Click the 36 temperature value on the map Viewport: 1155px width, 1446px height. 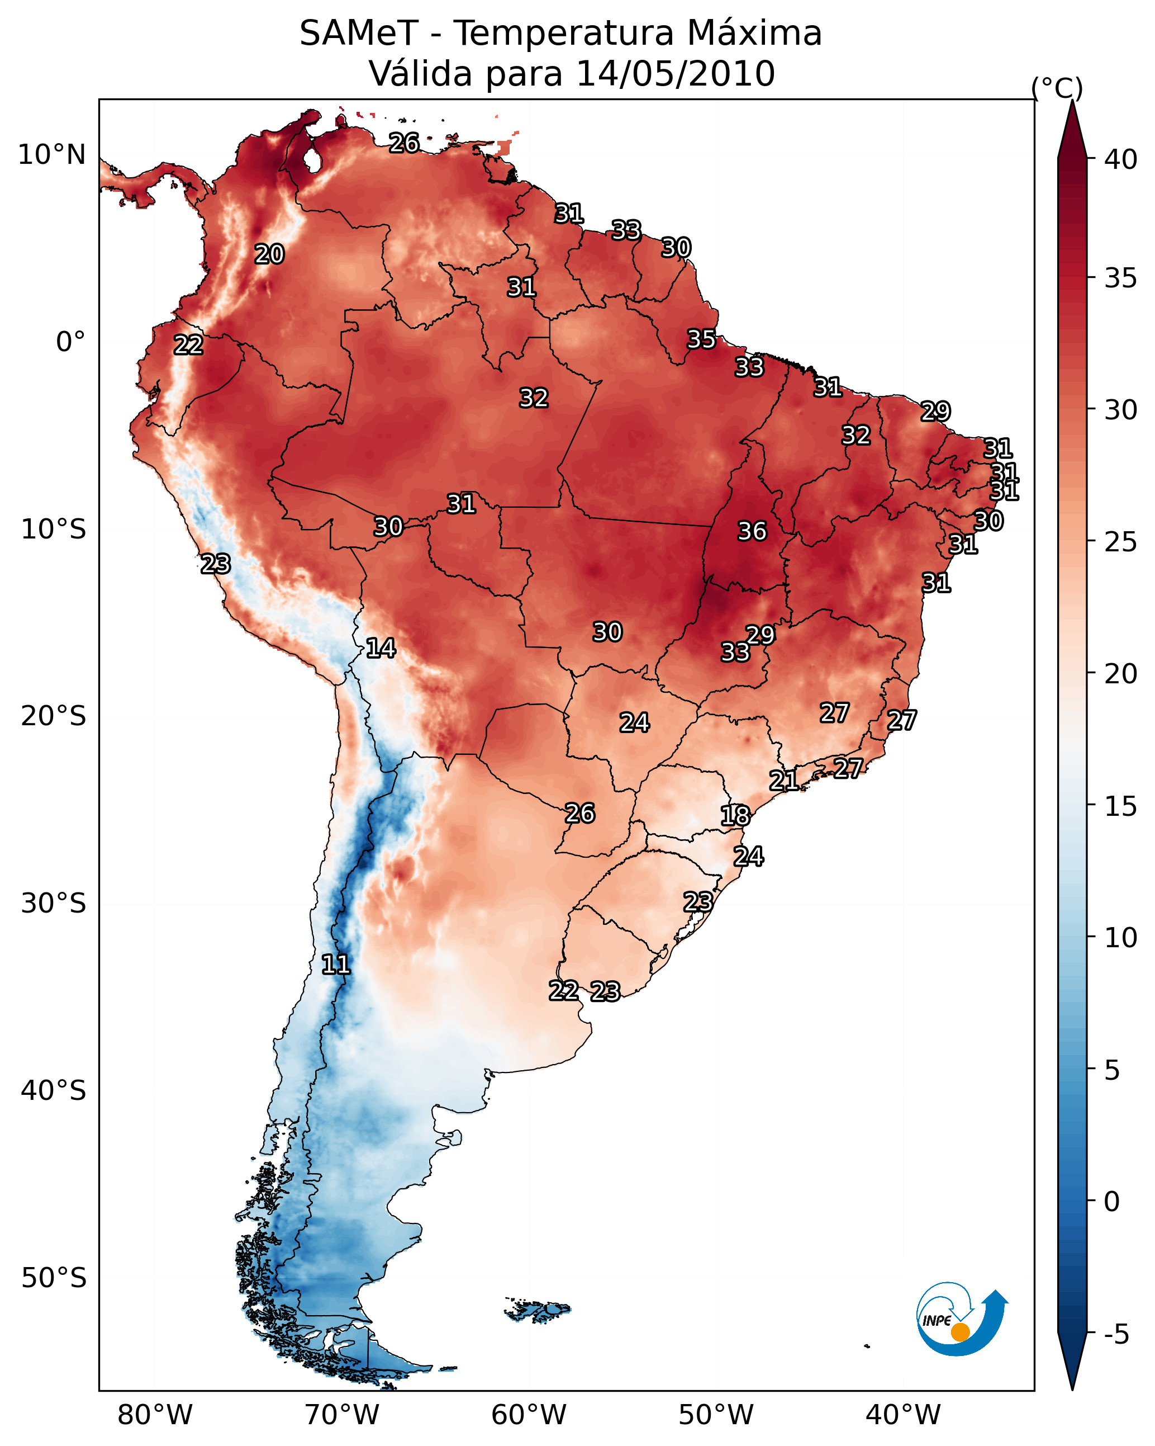(752, 531)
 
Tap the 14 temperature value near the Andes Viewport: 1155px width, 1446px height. (381, 648)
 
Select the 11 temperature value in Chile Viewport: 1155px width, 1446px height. (336, 965)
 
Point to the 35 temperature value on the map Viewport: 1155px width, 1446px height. (701, 339)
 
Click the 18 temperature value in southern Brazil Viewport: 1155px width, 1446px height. (735, 816)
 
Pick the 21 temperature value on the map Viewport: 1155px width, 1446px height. (783, 780)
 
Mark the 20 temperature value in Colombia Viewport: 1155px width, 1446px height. (269, 254)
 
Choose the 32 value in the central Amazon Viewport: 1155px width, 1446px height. (534, 398)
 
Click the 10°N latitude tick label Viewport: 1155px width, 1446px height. (51, 155)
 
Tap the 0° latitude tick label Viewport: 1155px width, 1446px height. (70, 342)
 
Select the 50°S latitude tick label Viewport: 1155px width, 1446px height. (54, 1278)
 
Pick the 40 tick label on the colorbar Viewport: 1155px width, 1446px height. (1120, 159)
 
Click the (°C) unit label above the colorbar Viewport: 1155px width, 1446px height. (1057, 88)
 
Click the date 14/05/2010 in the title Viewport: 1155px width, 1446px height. (675, 74)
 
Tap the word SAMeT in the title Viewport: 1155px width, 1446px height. (359, 34)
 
